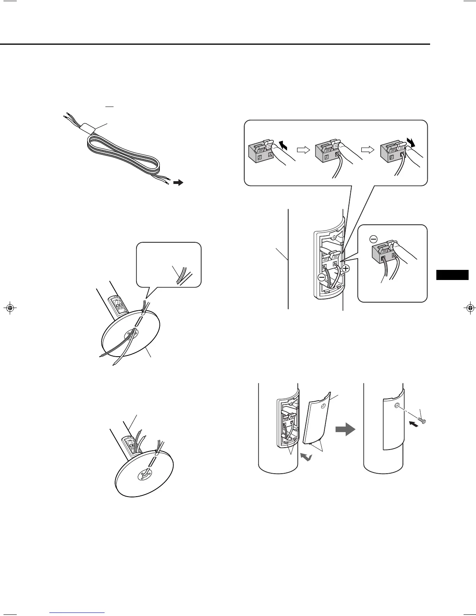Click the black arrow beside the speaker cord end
click(178, 182)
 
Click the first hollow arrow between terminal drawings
click(303, 149)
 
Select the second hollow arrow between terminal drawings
click(366, 149)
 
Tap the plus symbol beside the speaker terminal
click(346, 268)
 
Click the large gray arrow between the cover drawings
click(345, 429)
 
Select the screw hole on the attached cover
click(396, 406)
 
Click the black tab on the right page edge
click(452, 275)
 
